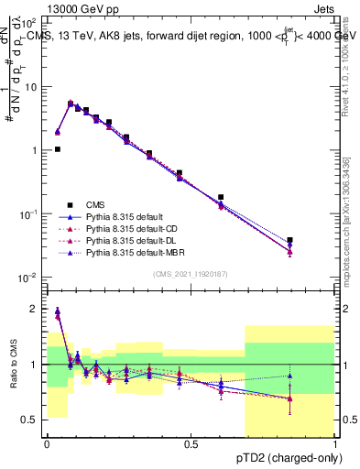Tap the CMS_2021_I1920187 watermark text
191,274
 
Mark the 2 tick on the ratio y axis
35,309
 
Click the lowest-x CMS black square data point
57,149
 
